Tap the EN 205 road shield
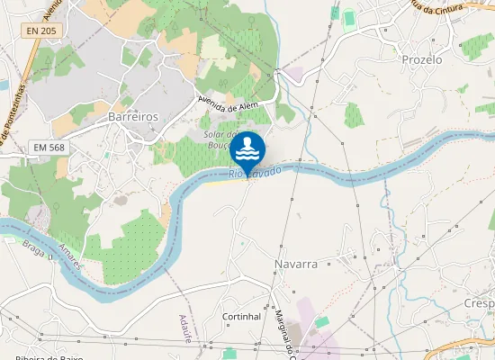[40, 31]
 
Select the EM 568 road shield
[49, 147]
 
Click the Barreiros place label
[132, 117]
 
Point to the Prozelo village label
[422, 59]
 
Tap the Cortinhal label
[241, 317]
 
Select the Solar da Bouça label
[220, 138]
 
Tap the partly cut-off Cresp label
[480, 304]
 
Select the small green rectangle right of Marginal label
[322, 321]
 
